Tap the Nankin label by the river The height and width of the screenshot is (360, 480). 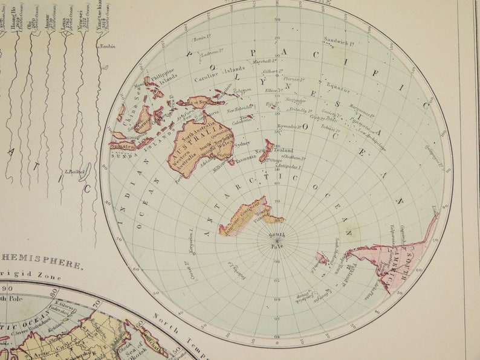(x=108, y=46)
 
